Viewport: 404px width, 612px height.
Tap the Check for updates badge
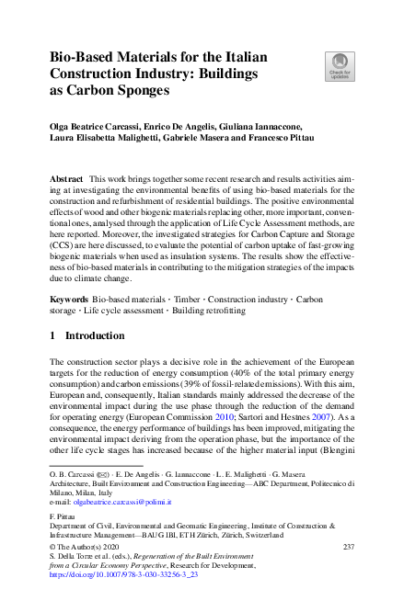click(x=339, y=67)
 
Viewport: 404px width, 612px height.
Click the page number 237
click(x=348, y=548)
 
